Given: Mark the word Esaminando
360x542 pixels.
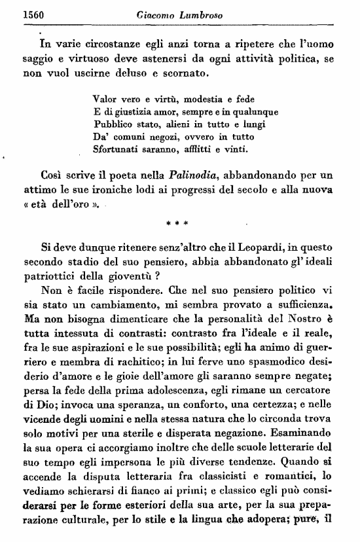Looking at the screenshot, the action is [x=306, y=432].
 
